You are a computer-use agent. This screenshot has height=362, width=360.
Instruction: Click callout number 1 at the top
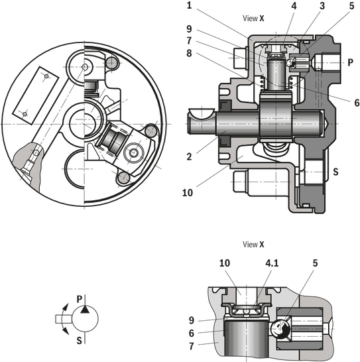point(190,5)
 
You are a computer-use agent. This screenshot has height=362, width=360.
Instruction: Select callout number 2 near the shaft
point(190,156)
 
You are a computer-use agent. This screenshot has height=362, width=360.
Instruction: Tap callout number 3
point(322,6)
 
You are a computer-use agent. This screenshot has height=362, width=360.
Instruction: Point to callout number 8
point(189,53)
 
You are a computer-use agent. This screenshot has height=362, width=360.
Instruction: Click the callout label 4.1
point(272,263)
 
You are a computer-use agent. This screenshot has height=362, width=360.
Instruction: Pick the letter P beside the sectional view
point(350,62)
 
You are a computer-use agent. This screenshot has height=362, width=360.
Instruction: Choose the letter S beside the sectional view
point(335,172)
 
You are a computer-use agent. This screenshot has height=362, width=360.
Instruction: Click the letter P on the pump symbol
point(80,299)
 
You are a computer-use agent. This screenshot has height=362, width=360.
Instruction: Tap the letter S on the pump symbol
point(80,341)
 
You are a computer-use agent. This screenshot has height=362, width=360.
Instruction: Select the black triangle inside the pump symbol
point(85,310)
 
